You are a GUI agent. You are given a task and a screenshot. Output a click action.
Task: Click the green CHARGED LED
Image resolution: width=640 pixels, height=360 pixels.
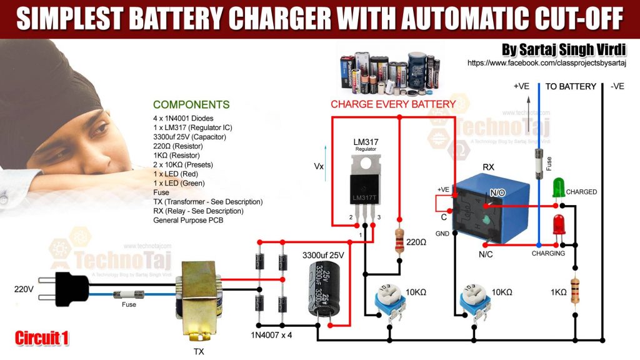coord(558,187)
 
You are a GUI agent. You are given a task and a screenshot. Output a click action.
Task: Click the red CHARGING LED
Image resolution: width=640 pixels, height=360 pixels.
coord(558,224)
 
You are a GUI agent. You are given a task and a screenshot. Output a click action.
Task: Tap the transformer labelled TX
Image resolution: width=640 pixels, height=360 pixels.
coord(198,300)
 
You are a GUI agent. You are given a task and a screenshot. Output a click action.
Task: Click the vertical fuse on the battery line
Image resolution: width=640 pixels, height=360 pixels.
coord(539,164)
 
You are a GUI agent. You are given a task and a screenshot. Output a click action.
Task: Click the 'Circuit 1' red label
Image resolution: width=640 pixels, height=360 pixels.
coord(42,338)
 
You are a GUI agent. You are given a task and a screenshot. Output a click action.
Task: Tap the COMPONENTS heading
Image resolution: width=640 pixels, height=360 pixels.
coord(191,105)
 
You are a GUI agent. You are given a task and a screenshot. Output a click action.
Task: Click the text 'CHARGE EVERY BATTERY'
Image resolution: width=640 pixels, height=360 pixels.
coord(393,104)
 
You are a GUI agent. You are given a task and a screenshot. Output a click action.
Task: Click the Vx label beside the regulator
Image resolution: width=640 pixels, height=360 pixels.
coord(318,167)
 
